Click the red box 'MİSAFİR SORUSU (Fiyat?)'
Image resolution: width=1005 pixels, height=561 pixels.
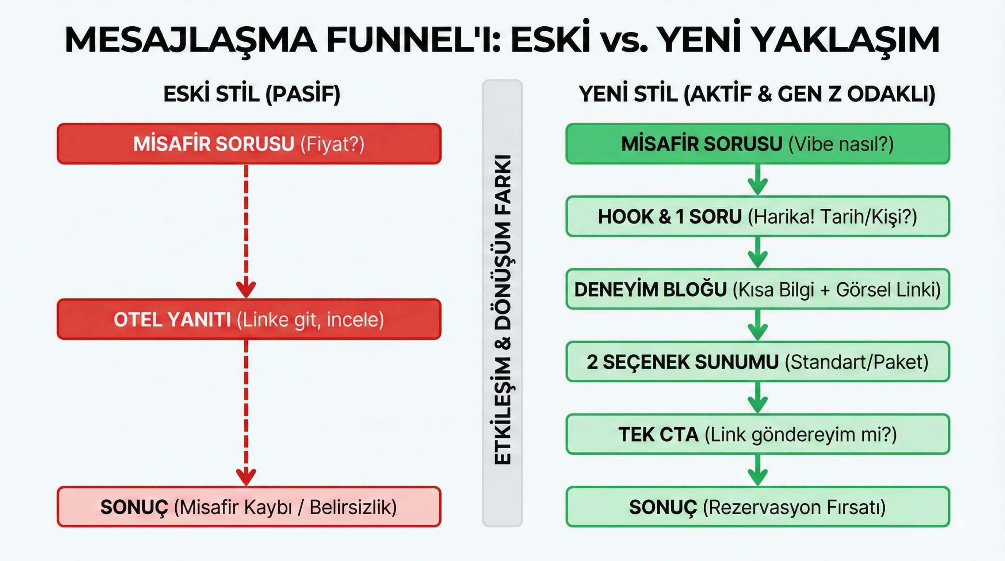coord(249,144)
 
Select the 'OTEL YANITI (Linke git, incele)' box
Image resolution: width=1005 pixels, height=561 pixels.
coord(249,320)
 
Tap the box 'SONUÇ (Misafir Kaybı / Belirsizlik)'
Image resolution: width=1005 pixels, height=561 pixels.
coord(249,507)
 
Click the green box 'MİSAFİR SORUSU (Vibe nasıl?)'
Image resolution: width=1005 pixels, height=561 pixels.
coord(757,144)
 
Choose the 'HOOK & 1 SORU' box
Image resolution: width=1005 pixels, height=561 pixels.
coord(757,217)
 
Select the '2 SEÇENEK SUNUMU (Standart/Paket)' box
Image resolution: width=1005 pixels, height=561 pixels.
coord(757,362)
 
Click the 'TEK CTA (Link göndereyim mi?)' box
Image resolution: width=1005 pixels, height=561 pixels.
coord(757,435)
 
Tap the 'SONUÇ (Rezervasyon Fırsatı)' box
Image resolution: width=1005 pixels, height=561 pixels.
coord(757,507)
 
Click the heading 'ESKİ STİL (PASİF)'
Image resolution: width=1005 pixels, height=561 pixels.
coord(252,94)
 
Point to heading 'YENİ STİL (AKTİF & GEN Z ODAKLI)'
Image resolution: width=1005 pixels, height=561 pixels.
coord(757,94)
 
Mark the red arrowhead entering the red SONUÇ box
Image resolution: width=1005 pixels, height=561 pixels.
coord(246,477)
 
